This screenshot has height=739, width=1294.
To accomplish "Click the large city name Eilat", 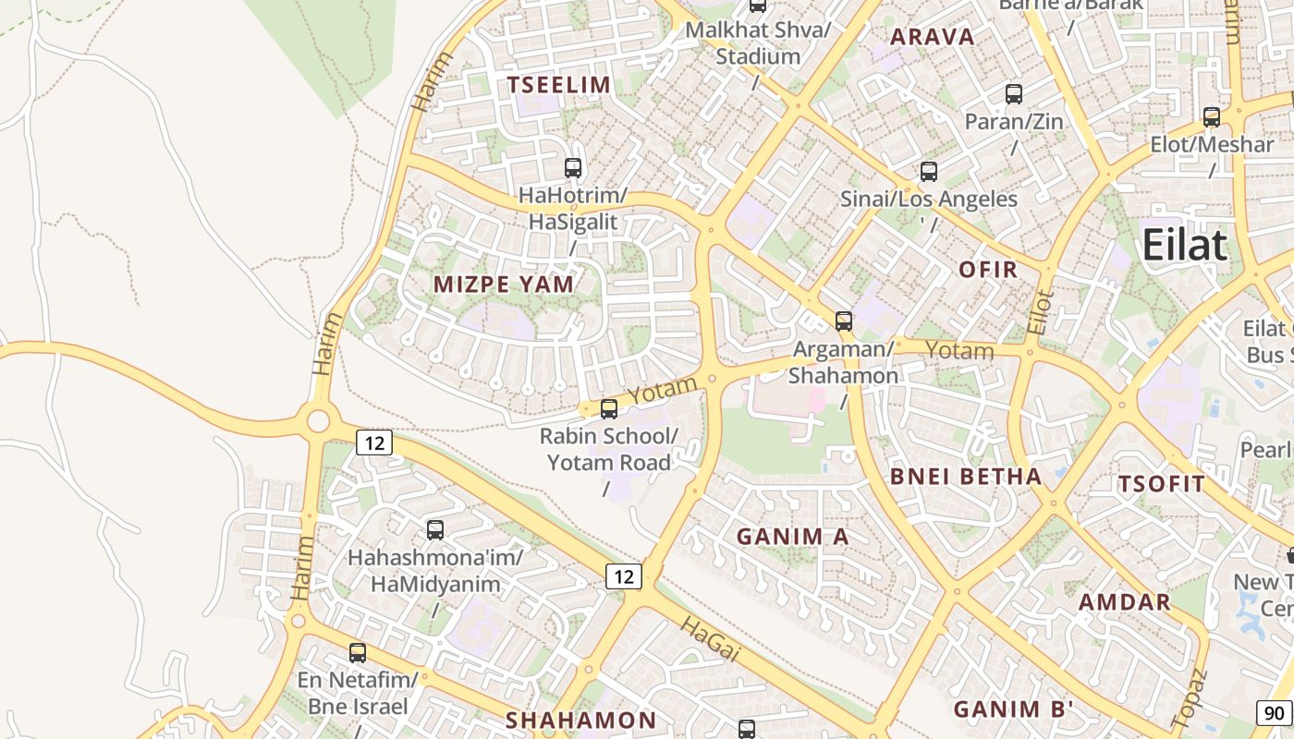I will point(1185,246).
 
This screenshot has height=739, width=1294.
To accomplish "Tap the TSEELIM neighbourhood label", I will point(558,85).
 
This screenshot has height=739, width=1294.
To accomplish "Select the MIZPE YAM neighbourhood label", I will point(503,285).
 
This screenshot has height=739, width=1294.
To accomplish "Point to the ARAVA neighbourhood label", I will point(932,37).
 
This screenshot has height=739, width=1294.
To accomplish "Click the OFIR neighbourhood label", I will point(988,270).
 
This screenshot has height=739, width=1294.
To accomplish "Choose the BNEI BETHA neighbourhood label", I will point(965,477).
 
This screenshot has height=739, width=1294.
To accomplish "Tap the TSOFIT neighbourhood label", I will point(1162,484).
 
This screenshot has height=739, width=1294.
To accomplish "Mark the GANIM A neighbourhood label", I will point(792,536).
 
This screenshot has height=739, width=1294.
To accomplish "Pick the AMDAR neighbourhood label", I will point(1125,602).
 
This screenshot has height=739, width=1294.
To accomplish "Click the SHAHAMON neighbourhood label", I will point(580,721).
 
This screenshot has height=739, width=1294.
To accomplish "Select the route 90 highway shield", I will point(1274,713).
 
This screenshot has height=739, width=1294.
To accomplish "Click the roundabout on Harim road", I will point(317,421).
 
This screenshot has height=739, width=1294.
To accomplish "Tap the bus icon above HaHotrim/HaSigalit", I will point(573,168).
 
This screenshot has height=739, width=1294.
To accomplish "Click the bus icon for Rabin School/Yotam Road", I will point(609,409).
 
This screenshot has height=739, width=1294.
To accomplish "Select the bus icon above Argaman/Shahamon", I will point(844,321).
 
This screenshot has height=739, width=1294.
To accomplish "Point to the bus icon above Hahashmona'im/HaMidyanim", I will point(435,530).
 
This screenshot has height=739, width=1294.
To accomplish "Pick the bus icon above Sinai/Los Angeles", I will point(929,172).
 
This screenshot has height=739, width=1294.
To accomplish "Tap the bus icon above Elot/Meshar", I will point(1212,117).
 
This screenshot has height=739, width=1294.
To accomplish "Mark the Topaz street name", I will point(1189,697).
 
